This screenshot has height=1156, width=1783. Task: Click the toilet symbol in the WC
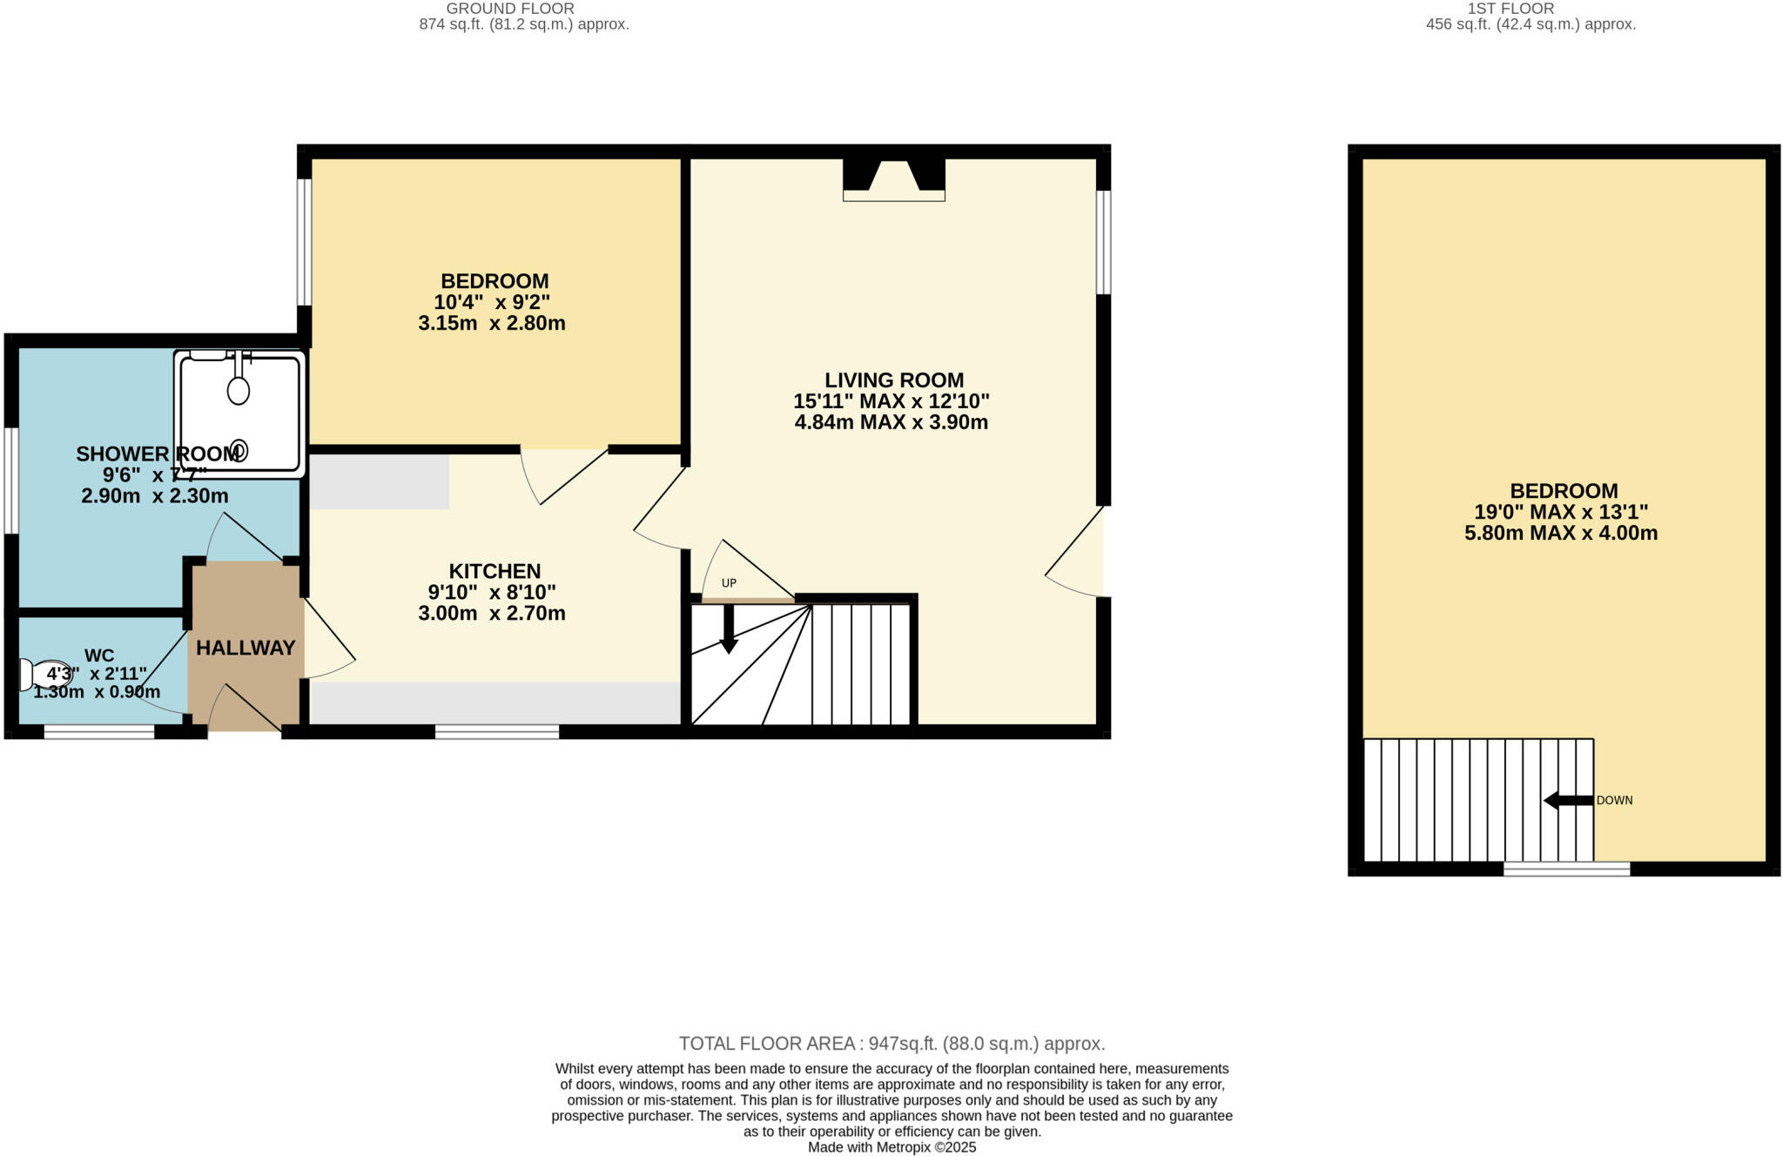coord(44,675)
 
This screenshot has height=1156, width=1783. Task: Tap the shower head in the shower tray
coord(238,390)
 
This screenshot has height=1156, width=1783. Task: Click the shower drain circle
coord(239,450)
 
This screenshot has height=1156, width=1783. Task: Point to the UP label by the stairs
coord(729,583)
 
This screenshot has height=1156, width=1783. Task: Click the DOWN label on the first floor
coord(1614,800)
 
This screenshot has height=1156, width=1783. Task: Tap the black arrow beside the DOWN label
coord(1568,800)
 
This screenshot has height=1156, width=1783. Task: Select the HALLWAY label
coord(246,648)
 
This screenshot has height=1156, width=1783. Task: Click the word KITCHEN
coord(495,571)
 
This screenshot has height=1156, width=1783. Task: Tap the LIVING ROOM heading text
coord(893,380)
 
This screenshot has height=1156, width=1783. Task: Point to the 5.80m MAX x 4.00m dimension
coord(1560,533)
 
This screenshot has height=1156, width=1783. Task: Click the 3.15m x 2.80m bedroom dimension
coord(491,324)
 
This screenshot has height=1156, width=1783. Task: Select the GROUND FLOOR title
coord(510,9)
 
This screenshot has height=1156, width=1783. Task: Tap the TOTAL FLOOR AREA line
coord(891,1043)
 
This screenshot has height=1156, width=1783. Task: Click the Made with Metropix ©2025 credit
coord(891,1147)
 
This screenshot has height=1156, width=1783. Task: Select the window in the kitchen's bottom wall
coord(496,732)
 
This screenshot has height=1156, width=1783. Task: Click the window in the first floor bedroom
coord(1566,869)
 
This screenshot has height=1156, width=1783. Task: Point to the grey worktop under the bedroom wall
coord(379,482)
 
